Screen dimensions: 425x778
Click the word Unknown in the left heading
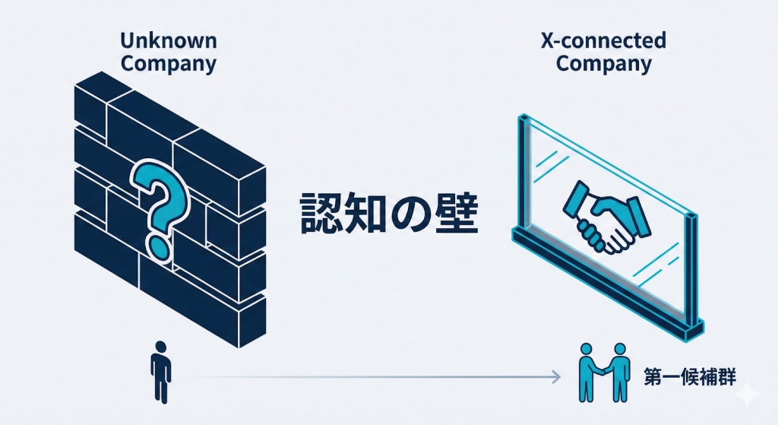[168, 41]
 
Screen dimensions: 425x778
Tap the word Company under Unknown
[168, 64]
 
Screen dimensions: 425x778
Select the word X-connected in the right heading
[603, 41]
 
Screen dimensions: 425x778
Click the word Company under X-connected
[603, 64]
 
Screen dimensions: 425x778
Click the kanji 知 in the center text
[362, 214]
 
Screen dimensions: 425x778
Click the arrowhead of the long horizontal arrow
[557, 376]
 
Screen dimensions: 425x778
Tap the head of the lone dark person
[160, 348]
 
